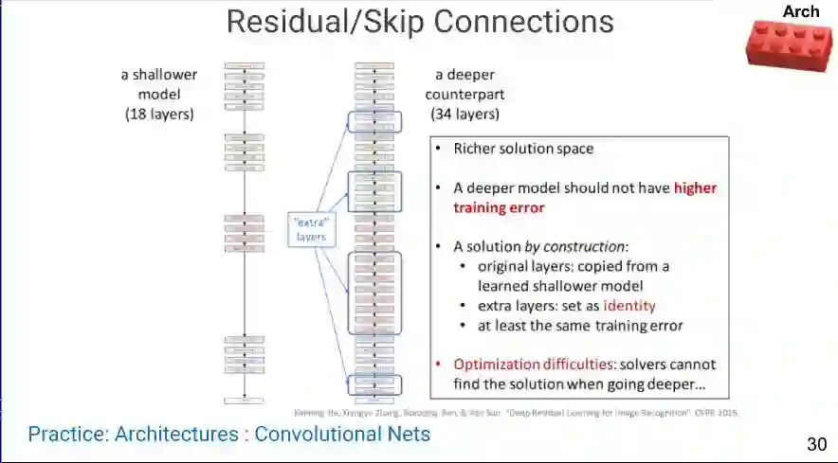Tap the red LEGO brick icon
click(790, 45)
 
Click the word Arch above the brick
click(801, 11)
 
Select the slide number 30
click(816, 444)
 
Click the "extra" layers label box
click(311, 229)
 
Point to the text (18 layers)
click(159, 115)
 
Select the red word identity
click(629, 306)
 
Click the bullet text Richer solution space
click(523, 149)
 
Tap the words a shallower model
click(158, 84)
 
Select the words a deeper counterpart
click(465, 85)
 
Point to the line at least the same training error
click(580, 326)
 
